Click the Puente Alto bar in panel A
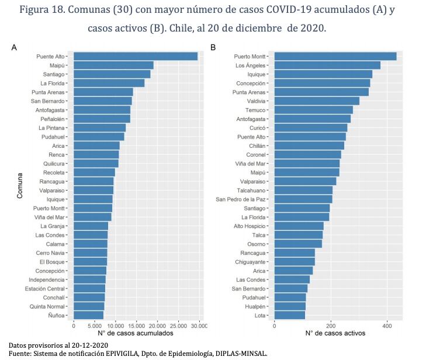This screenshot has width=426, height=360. [x=136, y=57]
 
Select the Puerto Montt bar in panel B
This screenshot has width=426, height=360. [x=335, y=57]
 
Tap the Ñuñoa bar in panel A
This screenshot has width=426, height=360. [x=89, y=315]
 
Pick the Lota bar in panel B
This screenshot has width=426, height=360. [x=290, y=315]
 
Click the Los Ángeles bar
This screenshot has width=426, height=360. [x=327, y=65]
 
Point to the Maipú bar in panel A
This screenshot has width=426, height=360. [x=113, y=65]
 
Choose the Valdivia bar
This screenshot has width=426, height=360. [x=317, y=101]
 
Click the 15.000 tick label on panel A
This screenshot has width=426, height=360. [x=136, y=326]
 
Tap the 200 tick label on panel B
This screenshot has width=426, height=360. [x=331, y=326]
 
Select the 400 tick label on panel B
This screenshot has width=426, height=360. [x=387, y=326]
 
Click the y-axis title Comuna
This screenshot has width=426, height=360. [x=19, y=186]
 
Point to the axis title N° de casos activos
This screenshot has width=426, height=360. [x=335, y=333]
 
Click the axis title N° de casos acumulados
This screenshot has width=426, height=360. [x=136, y=333]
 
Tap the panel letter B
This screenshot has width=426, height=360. [x=213, y=47]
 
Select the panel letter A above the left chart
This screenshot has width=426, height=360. [x=14, y=47]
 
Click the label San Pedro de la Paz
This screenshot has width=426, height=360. [x=240, y=199]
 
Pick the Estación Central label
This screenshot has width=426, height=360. [x=45, y=289]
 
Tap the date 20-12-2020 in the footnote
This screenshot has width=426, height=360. [x=89, y=345]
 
